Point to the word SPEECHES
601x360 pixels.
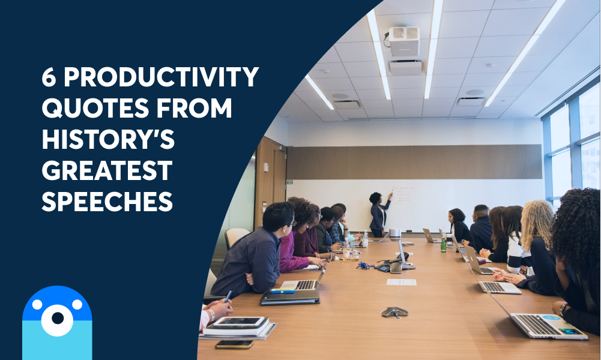107,202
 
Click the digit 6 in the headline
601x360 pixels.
50,79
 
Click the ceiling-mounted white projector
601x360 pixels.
404,41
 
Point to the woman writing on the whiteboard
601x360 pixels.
379,214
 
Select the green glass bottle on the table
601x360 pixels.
444,244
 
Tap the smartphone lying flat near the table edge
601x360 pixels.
234,344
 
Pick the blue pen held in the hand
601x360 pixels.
228,296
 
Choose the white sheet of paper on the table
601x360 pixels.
401,282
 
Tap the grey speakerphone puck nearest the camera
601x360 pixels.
394,312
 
